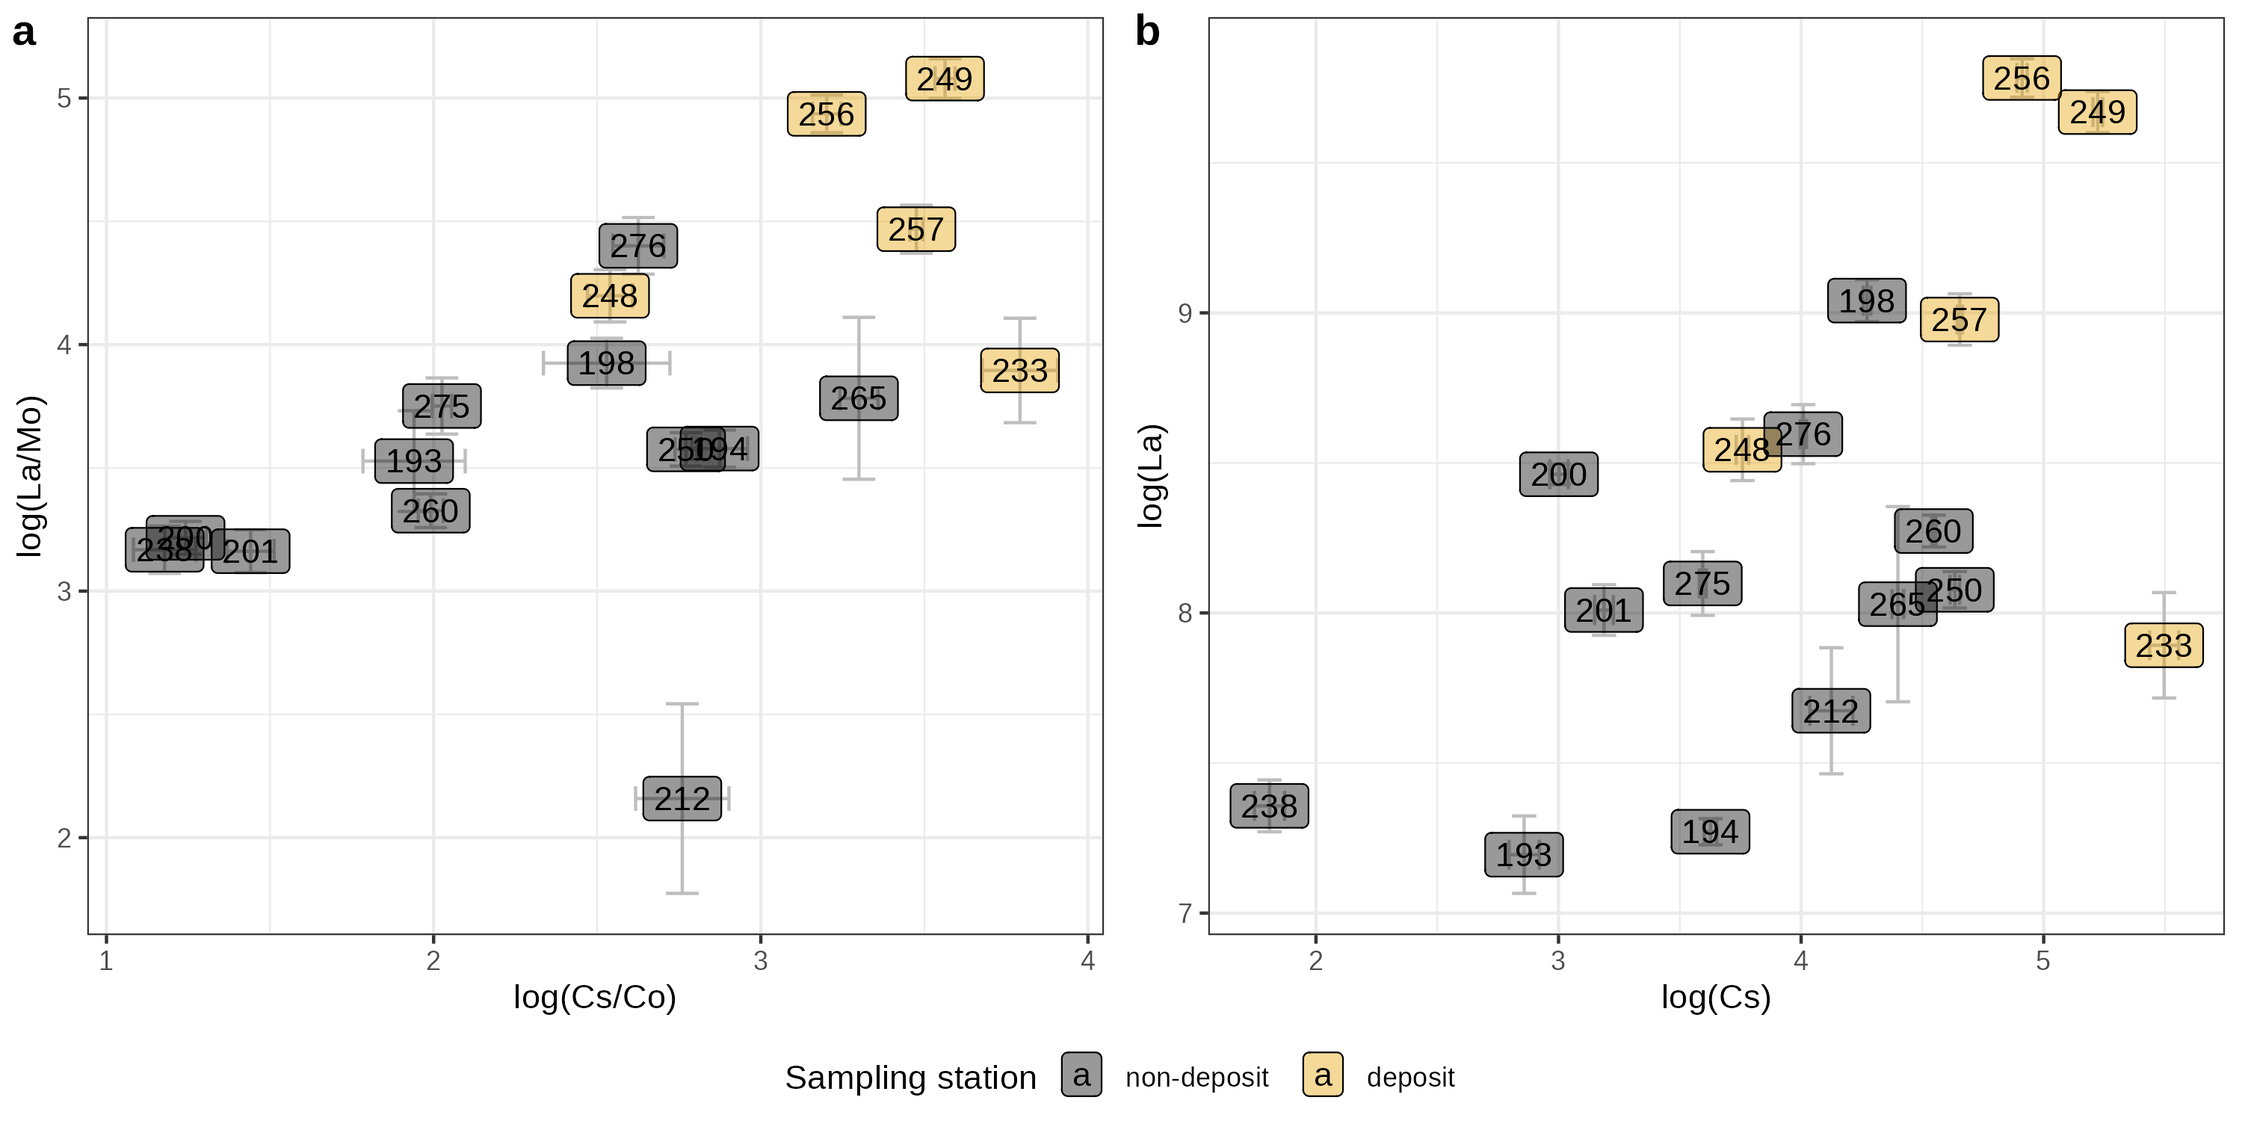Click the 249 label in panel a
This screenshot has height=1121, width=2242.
tap(945, 79)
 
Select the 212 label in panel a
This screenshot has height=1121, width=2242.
tap(682, 799)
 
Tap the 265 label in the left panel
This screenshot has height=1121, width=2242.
tap(858, 398)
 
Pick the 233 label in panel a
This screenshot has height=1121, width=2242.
tap(1020, 371)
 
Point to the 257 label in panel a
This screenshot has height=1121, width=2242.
tap(915, 229)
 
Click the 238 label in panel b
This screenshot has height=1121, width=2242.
tap(1269, 806)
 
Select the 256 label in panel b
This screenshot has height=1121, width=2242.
tap(2022, 78)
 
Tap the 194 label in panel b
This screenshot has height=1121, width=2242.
tap(1710, 832)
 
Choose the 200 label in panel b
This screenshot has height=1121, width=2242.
tap(1559, 475)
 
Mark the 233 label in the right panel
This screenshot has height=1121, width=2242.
tap(2164, 646)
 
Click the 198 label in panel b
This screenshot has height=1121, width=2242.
tap(1867, 301)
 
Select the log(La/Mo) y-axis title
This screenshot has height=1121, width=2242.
tap(30, 476)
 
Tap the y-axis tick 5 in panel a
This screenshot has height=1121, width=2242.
tap(64, 99)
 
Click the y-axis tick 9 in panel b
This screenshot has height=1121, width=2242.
tap(1185, 313)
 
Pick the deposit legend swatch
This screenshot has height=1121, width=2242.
tap(1323, 1075)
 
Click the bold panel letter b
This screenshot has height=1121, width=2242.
tap(1148, 33)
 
